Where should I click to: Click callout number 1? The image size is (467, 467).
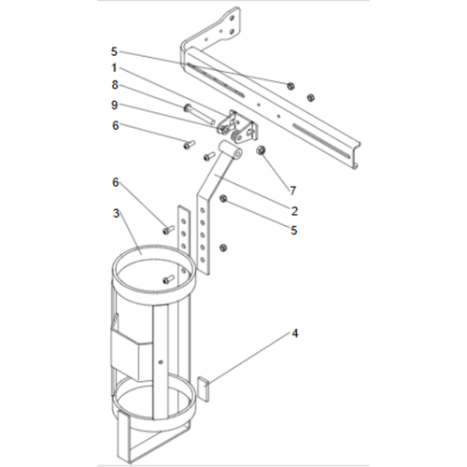(x=114, y=67)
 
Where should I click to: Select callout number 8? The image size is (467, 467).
(x=114, y=85)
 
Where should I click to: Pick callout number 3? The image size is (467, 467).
(x=114, y=214)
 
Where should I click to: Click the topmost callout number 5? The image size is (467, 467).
(x=114, y=50)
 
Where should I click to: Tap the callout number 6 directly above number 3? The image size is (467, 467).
(x=114, y=181)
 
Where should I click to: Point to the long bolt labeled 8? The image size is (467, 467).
(x=198, y=115)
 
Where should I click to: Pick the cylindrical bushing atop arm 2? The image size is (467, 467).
(x=228, y=151)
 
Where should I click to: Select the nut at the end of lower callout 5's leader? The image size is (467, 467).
(x=223, y=198)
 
